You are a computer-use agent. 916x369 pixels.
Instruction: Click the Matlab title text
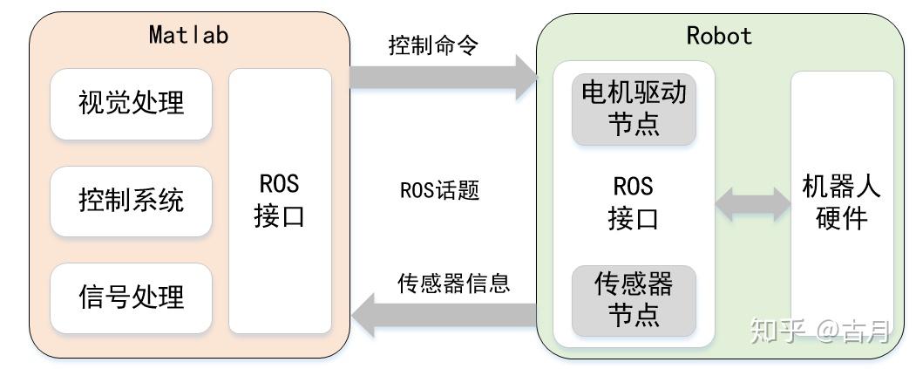point(188,35)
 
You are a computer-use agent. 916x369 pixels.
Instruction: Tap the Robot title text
point(719,35)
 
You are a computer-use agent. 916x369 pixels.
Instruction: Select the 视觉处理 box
point(132,103)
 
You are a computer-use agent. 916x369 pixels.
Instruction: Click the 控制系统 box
point(132,201)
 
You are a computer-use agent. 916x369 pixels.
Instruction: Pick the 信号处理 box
point(132,297)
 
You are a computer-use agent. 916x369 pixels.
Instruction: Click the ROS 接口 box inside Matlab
point(280,201)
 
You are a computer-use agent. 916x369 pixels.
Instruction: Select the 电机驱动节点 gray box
point(634,108)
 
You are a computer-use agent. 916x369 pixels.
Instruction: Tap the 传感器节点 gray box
point(634,299)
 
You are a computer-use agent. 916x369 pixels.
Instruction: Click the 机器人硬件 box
point(842,202)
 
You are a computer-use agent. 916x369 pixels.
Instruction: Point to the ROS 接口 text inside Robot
point(634,202)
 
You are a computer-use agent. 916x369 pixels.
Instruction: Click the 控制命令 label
point(433,44)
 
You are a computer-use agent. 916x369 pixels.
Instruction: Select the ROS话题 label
point(439,190)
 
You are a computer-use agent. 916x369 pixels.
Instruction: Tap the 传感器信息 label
point(453,284)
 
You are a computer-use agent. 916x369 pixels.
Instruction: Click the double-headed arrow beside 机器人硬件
point(752,204)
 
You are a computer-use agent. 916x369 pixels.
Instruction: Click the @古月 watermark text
point(855,331)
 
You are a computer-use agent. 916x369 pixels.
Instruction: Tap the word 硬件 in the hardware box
point(842,217)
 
